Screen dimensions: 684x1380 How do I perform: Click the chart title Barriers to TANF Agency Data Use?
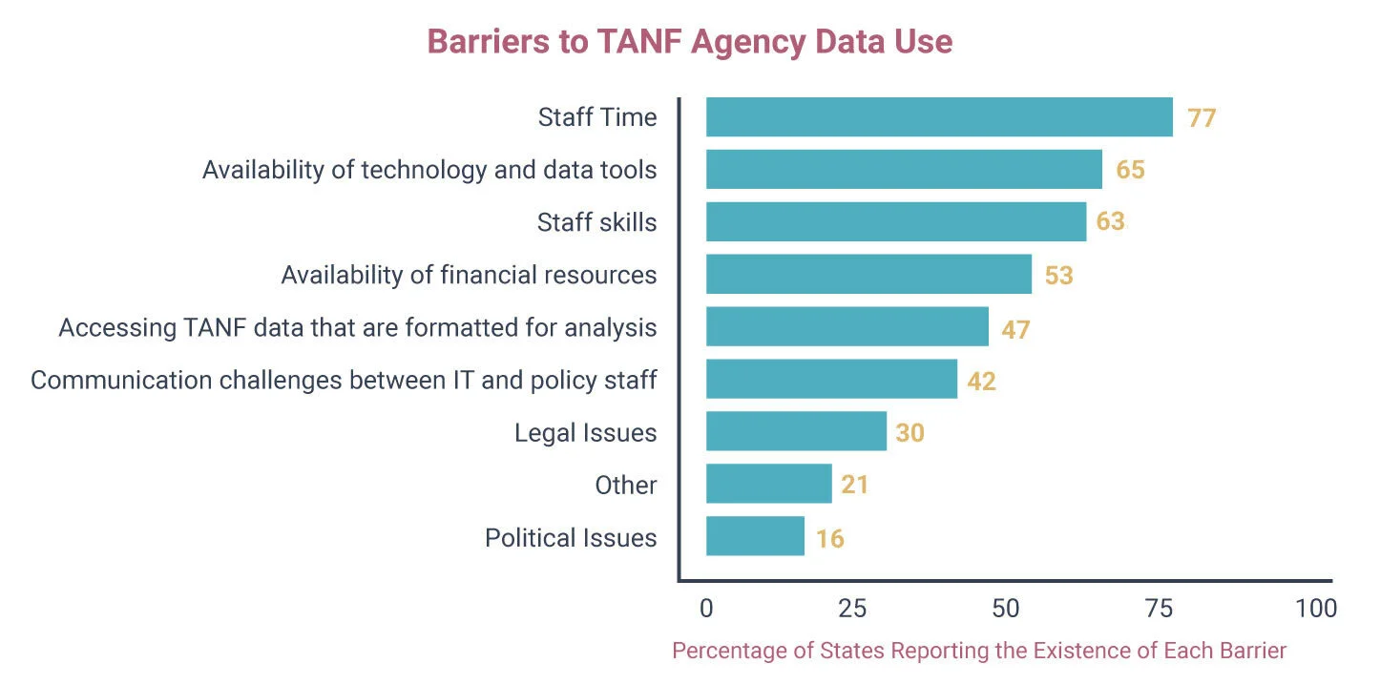pos(689,42)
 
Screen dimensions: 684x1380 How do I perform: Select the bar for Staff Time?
pos(939,117)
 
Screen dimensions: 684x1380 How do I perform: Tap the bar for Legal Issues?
pos(796,432)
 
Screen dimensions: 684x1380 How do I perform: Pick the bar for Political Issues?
pos(755,537)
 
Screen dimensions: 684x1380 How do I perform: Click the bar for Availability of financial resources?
pos(868,275)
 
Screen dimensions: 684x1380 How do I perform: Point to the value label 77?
pos(1202,118)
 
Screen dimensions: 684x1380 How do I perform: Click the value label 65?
pos(1130,170)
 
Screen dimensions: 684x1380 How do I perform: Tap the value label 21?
pos(854,485)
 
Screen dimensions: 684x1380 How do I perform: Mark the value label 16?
pos(829,538)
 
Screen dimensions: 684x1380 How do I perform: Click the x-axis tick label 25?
pos(852,609)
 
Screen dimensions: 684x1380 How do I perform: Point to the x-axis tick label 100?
pos(1316,609)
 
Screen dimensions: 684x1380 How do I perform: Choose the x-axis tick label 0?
pos(706,609)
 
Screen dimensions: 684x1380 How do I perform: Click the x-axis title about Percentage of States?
pos(979,651)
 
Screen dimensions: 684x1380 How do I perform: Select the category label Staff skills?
pos(596,222)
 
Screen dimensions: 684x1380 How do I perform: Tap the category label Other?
pos(625,485)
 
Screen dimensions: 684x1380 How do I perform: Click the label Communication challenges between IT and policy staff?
pos(344,380)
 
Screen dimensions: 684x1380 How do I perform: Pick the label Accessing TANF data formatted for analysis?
pos(358,327)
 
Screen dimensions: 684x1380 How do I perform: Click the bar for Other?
pos(768,485)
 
